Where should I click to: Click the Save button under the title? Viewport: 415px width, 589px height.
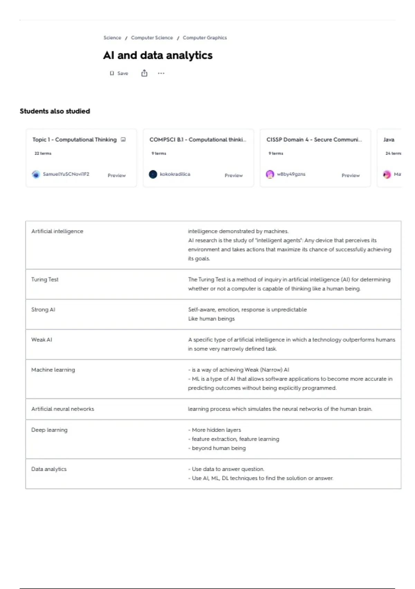[x=119, y=73]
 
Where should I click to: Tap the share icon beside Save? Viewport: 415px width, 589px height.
[x=144, y=73]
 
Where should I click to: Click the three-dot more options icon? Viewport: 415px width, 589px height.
[x=161, y=73]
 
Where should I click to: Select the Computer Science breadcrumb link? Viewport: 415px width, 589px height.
[x=152, y=38]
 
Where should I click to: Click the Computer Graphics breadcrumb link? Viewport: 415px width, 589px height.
[x=205, y=38]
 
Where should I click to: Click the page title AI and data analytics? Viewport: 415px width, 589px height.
[x=158, y=55]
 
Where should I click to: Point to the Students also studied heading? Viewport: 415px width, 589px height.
[x=55, y=111]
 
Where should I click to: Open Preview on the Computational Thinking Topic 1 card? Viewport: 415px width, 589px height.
[x=117, y=175]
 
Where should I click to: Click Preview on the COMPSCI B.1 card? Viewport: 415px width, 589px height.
[x=233, y=175]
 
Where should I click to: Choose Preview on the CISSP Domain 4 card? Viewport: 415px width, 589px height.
[x=350, y=175]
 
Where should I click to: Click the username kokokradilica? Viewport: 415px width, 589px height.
[x=175, y=174]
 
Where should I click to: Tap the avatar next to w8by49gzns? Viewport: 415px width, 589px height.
[x=270, y=174]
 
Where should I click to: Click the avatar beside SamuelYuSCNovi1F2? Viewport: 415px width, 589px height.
[x=36, y=174]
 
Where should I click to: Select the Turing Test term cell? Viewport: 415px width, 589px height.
[x=45, y=280]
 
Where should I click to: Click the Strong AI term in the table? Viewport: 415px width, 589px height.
[x=43, y=310]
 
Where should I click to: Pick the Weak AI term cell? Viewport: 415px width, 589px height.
[x=42, y=340]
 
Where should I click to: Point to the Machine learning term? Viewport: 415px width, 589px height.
[x=53, y=370]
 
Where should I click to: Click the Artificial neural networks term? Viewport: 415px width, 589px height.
[x=63, y=409]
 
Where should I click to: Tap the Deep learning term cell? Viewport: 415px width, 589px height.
[x=49, y=430]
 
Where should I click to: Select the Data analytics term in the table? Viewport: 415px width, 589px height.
[x=49, y=469]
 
